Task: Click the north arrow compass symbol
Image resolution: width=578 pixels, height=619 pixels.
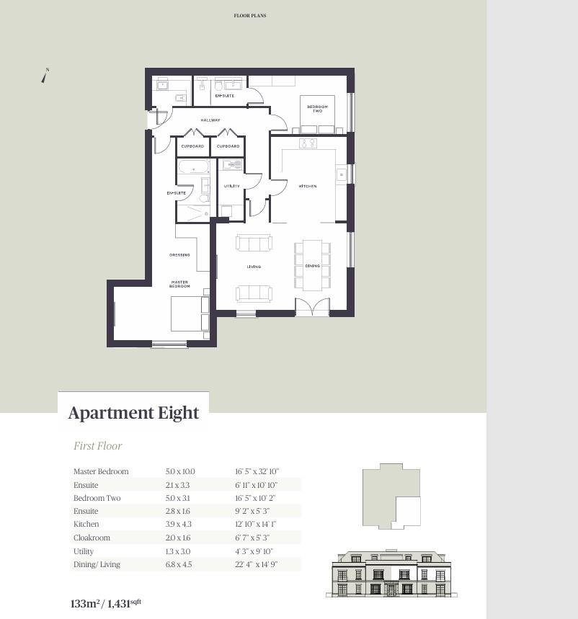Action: pos(45,75)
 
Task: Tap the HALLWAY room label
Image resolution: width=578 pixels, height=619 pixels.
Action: pos(210,120)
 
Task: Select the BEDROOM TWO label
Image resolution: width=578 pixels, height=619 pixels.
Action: pos(317,109)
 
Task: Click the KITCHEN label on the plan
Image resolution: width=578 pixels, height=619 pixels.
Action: pos(308,187)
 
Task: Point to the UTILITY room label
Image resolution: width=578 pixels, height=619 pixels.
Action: pos(231,187)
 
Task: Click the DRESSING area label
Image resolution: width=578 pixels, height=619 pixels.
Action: pos(179,255)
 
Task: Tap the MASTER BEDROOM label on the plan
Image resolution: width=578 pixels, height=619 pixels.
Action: pos(179,284)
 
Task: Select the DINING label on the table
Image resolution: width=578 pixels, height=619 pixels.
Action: pos(312,267)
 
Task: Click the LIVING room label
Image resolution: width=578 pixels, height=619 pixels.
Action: pos(254,267)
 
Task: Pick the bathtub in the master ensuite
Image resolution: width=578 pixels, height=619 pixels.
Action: pos(193,169)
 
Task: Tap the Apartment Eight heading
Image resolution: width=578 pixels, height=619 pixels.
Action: pos(133,413)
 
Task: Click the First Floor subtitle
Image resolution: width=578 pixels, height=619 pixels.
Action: pos(98,446)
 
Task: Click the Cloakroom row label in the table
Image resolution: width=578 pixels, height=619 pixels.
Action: pos(92,538)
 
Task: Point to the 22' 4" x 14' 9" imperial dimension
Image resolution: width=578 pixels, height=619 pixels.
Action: pos(256,564)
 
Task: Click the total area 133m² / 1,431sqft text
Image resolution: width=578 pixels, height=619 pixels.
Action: pos(105,603)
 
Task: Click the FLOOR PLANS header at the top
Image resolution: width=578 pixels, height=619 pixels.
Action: pos(250,15)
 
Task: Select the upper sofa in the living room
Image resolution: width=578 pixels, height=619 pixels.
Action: pos(254,243)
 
